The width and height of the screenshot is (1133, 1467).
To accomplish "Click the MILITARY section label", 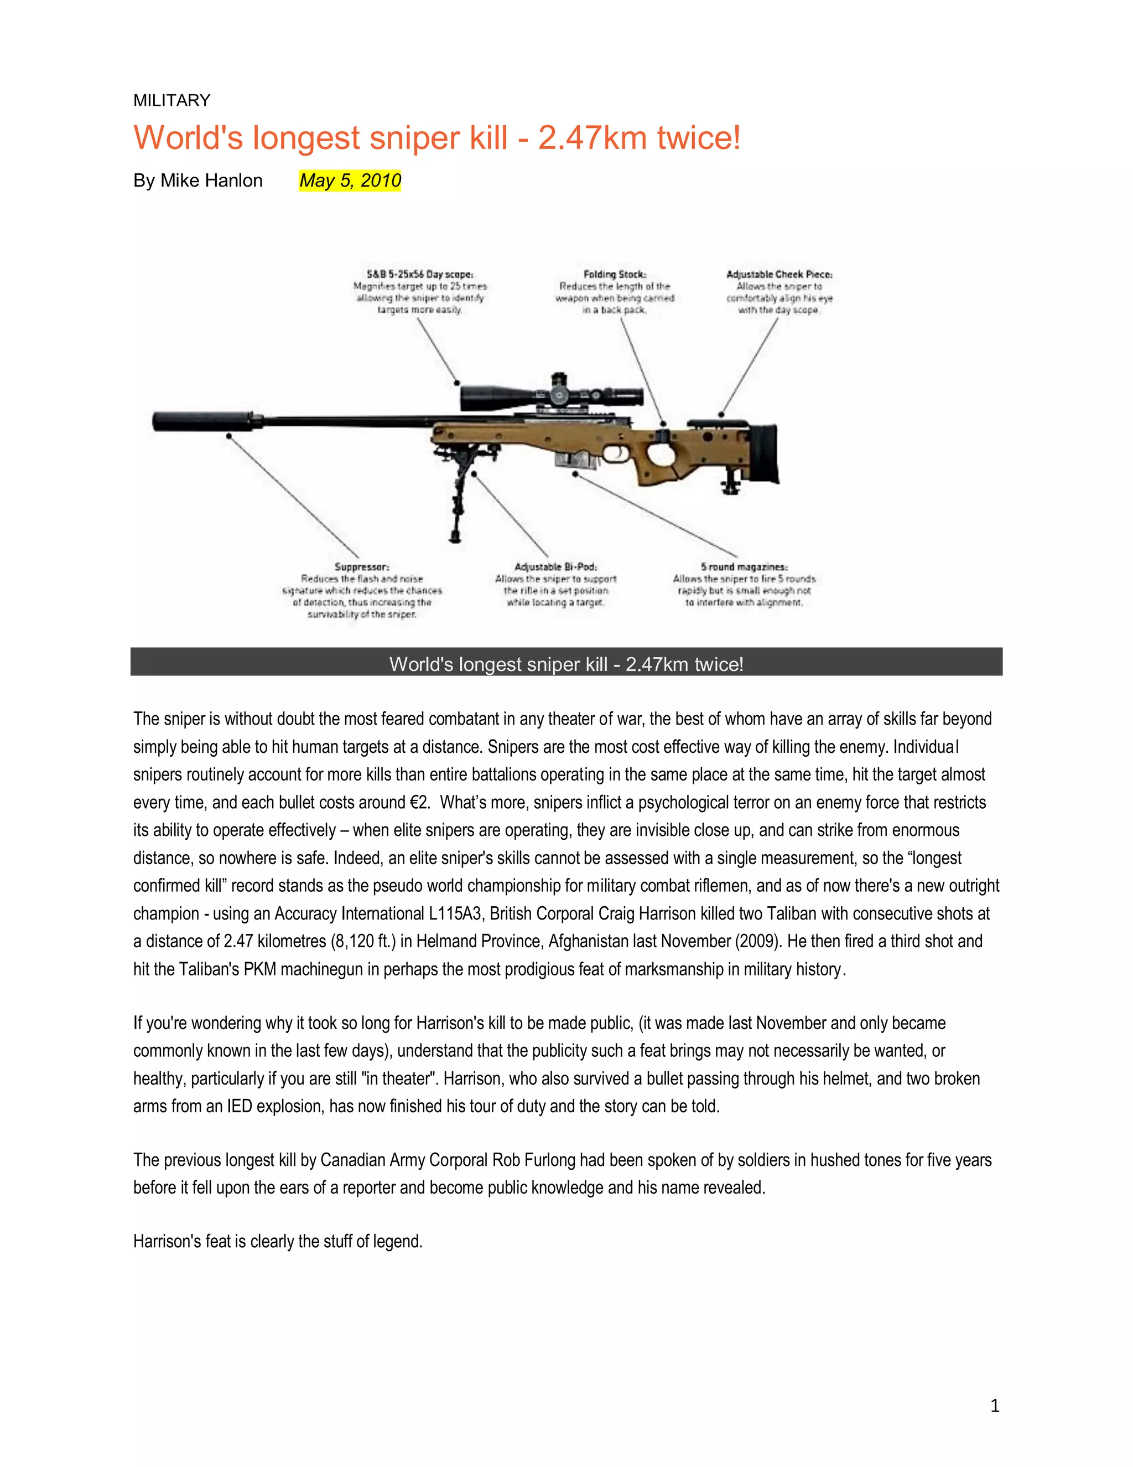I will click(x=172, y=101).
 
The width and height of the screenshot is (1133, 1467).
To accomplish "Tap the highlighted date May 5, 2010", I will click(x=350, y=180).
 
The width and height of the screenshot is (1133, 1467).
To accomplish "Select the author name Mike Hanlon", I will click(x=211, y=180).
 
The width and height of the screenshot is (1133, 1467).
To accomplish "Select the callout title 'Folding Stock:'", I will click(x=615, y=274).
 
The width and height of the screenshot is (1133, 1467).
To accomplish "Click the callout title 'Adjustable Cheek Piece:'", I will click(x=779, y=274).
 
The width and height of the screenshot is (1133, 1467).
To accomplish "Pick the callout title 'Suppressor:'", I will click(x=362, y=567).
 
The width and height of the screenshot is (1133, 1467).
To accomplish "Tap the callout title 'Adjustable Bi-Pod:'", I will click(x=556, y=567).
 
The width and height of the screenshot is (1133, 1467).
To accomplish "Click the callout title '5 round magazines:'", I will click(x=744, y=567).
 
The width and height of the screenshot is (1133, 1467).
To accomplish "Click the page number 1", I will click(x=994, y=1405).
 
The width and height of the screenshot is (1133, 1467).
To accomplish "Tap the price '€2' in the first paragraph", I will click(x=418, y=803).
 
